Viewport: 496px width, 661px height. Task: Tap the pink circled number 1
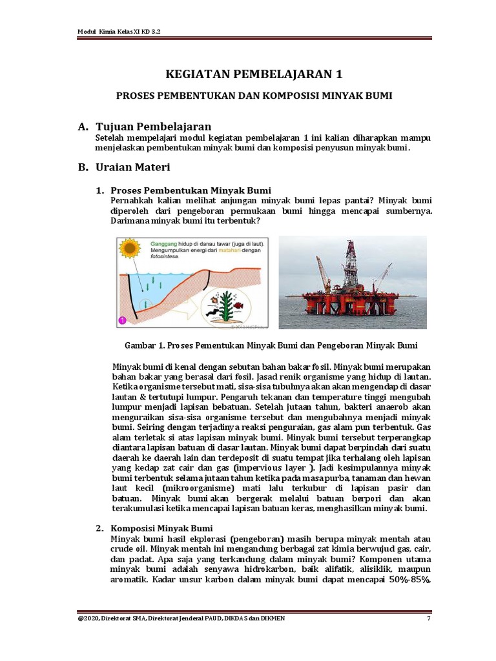[122, 320]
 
